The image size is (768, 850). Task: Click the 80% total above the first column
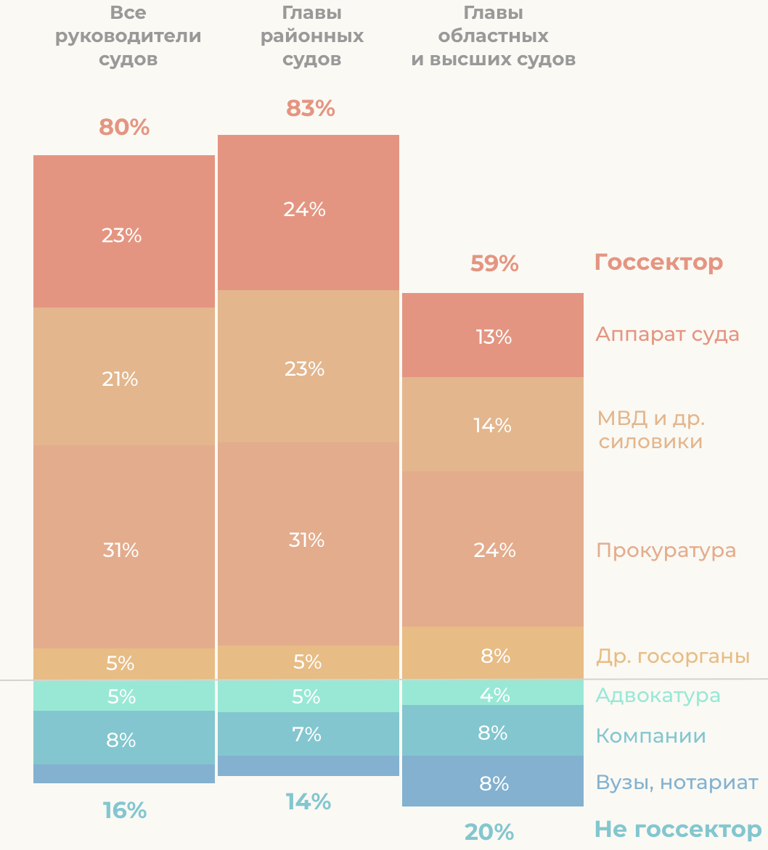(124, 128)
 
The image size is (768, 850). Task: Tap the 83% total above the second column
(311, 108)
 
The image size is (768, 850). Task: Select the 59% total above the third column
(494, 263)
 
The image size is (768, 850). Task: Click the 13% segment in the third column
(493, 336)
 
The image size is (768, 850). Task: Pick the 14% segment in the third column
(493, 425)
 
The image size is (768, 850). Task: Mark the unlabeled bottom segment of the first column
(124, 774)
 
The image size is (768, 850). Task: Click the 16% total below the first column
(124, 810)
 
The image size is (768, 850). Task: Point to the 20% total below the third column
(489, 832)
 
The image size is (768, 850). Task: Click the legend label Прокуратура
(666, 550)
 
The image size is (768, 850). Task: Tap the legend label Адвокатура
(658, 696)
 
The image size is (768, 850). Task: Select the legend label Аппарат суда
(667, 334)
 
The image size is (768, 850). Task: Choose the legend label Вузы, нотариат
(677, 783)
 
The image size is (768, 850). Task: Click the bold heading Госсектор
(658, 263)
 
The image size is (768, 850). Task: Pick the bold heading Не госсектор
(678, 830)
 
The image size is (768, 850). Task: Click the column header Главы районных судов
(312, 36)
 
